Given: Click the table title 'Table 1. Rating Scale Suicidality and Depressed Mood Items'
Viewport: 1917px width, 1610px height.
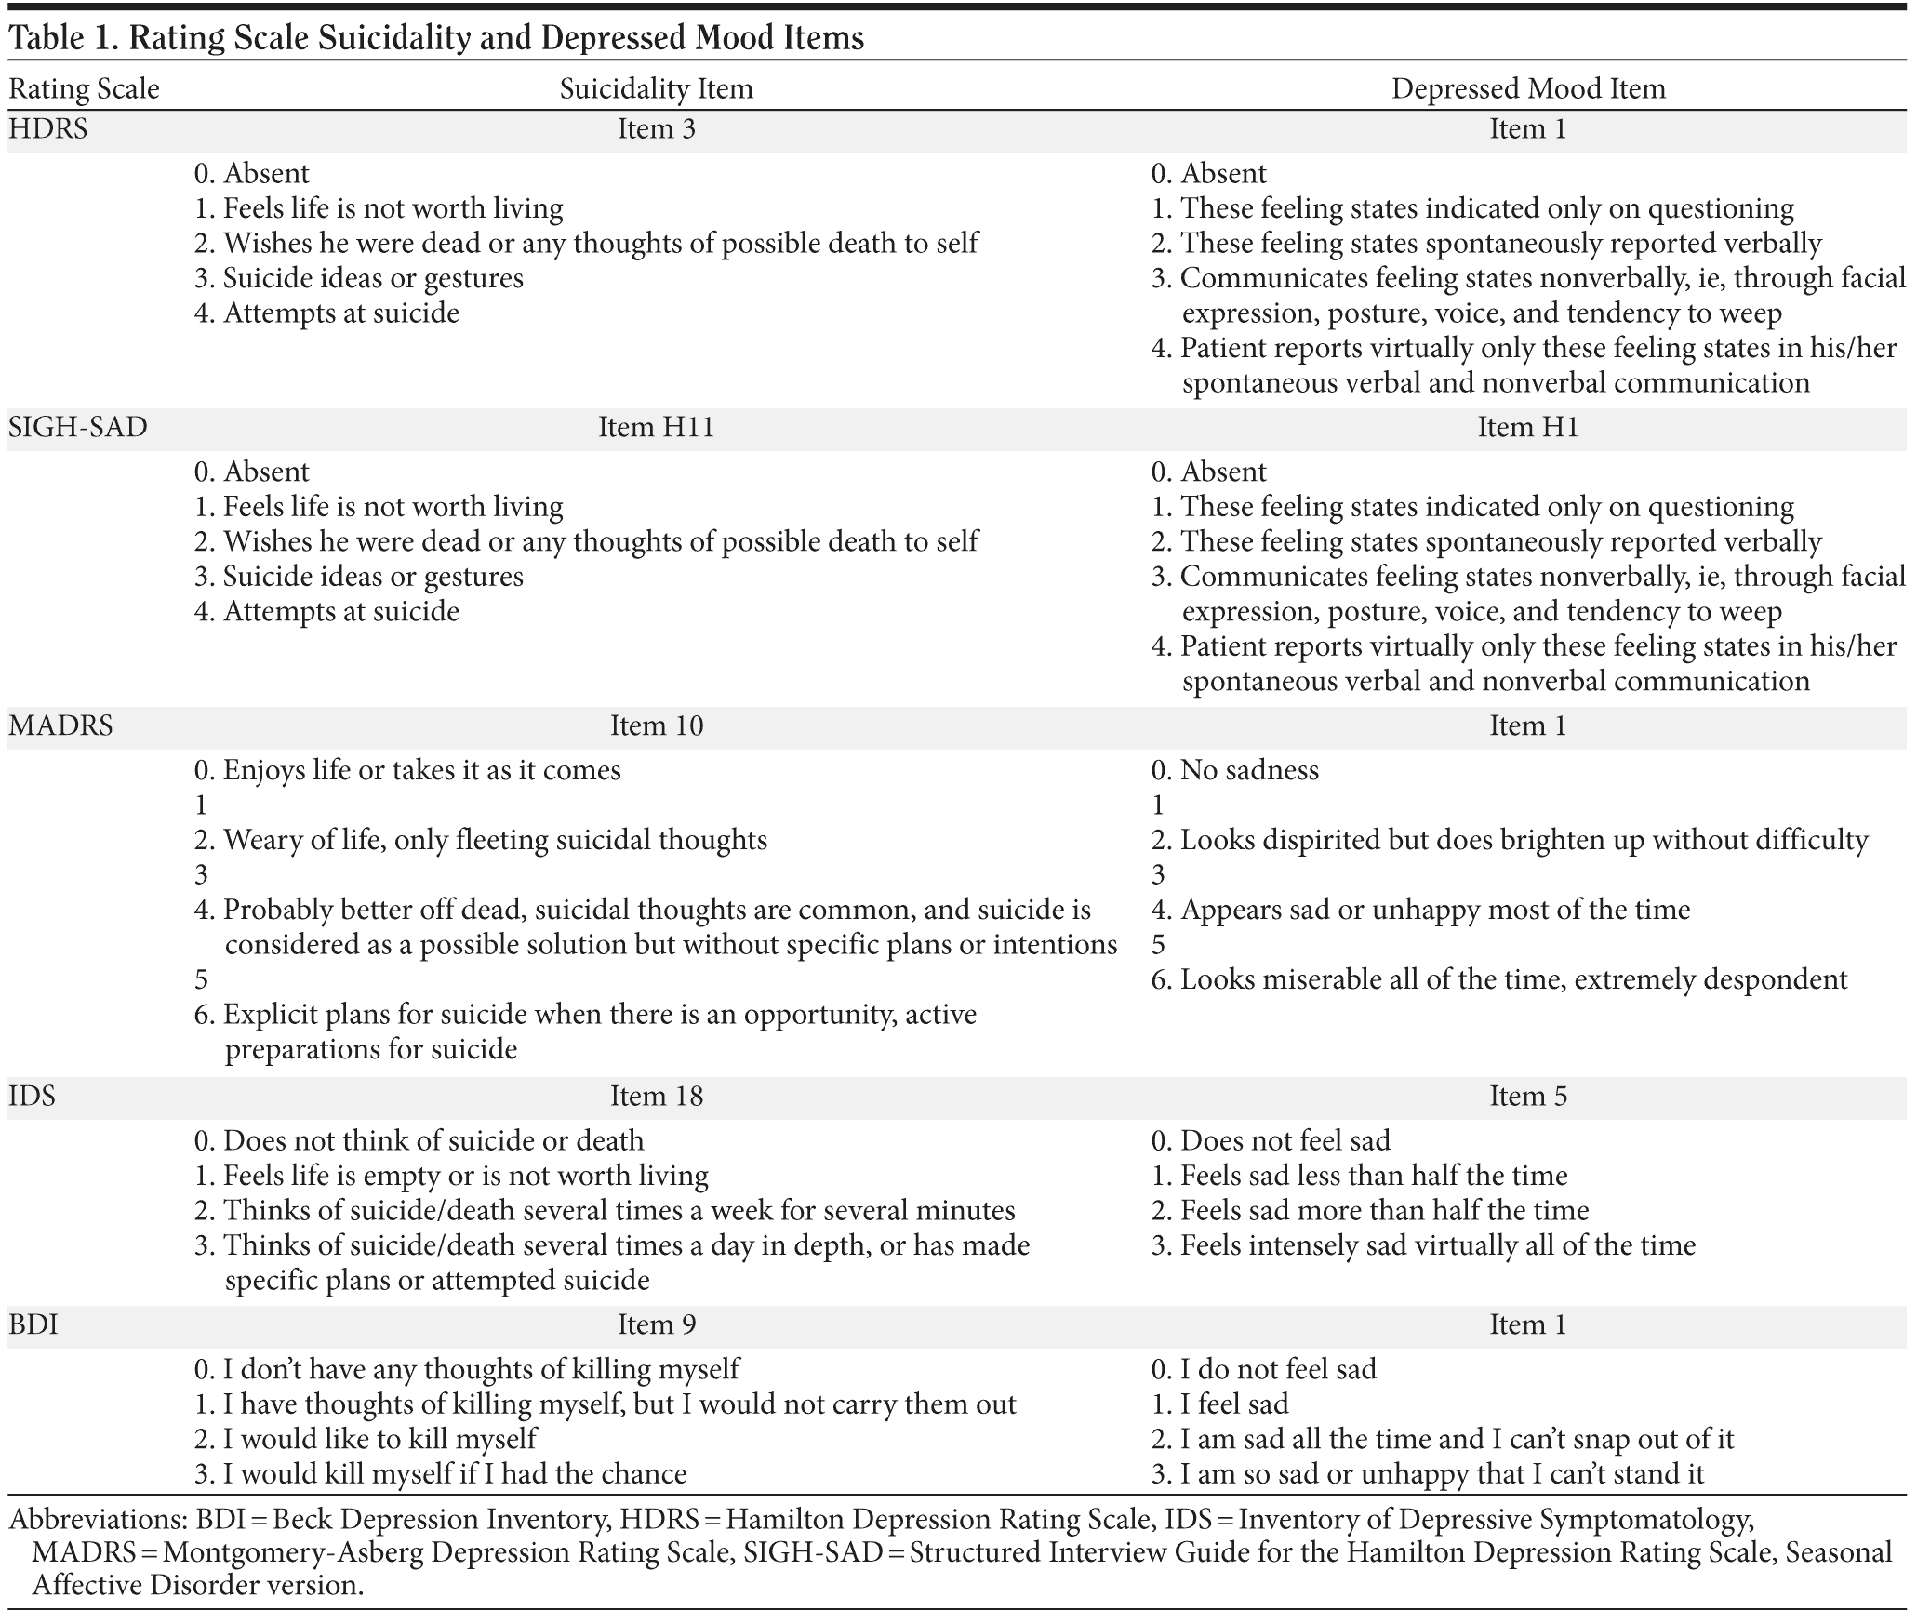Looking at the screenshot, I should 435,37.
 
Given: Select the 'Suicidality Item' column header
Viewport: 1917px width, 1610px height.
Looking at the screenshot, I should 656,89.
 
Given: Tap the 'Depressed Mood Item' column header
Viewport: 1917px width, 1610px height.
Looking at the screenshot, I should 1527,89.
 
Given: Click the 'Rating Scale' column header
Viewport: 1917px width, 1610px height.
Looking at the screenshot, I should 84,89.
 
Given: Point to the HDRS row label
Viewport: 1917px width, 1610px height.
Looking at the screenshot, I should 48,128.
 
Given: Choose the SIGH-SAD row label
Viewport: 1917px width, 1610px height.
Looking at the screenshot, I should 78,427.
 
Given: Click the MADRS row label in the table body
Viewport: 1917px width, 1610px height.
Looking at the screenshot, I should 60,725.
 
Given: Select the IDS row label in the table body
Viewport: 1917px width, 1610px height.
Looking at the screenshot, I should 33,1096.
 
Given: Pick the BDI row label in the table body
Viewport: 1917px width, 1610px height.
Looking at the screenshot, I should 33,1324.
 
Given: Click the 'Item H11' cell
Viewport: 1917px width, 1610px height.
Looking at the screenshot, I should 656,427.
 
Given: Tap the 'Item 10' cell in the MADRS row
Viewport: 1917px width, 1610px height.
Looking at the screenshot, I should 656,725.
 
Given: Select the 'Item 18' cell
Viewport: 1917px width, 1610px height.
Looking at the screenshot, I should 656,1096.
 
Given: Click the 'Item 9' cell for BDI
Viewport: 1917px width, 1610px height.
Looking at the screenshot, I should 656,1324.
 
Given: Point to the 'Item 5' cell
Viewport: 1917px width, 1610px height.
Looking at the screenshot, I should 1527,1096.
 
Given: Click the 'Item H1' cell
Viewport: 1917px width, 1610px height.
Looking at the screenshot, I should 1527,427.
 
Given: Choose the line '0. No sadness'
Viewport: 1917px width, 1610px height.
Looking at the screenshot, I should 1234,770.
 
